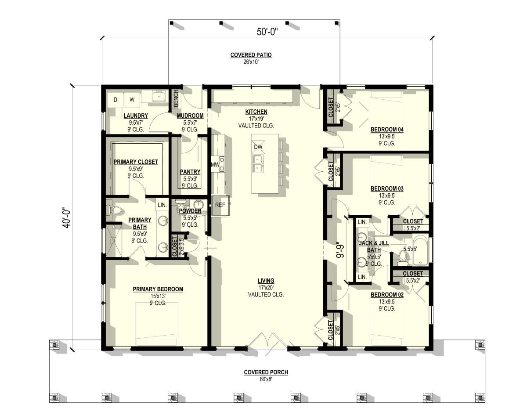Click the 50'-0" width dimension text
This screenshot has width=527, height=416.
click(267, 32)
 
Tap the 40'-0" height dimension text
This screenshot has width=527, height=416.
click(67, 219)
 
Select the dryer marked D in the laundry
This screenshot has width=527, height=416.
click(116, 100)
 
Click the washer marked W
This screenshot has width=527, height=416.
click(132, 100)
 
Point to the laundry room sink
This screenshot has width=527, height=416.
click(159, 96)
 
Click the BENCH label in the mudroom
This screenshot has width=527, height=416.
click(176, 98)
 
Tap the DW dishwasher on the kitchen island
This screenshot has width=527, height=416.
click(258, 147)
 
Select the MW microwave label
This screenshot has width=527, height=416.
click(215, 165)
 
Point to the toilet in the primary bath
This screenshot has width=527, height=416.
click(114, 210)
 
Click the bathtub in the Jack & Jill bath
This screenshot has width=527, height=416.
click(420, 250)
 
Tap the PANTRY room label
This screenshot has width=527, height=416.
click(190, 172)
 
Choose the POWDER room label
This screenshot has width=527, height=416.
click(190, 211)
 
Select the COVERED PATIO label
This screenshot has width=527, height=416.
click(251, 55)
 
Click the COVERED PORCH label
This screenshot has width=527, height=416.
click(266, 372)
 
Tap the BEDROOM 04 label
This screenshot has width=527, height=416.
click(387, 130)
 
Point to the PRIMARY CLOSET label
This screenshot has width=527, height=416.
click(136, 162)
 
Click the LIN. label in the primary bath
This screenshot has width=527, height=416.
click(162, 205)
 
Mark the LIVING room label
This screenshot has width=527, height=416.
click(266, 281)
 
